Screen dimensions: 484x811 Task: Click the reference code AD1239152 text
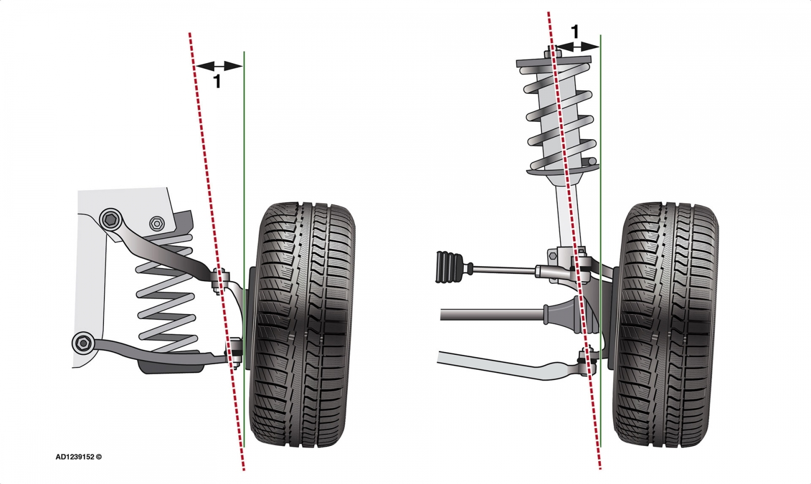coord(78,457)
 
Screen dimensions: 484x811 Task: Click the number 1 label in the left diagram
coord(217,81)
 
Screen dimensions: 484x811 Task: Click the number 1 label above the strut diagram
coord(574,32)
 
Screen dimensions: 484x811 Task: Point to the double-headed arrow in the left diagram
coord(218,66)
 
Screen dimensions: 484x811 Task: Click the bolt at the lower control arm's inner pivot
coord(82,343)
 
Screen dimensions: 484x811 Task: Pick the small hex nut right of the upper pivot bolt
coord(156,223)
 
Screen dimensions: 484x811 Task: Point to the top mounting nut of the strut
coord(550,53)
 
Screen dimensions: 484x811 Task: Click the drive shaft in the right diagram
coord(492,315)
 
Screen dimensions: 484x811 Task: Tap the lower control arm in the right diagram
coord(507,362)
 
